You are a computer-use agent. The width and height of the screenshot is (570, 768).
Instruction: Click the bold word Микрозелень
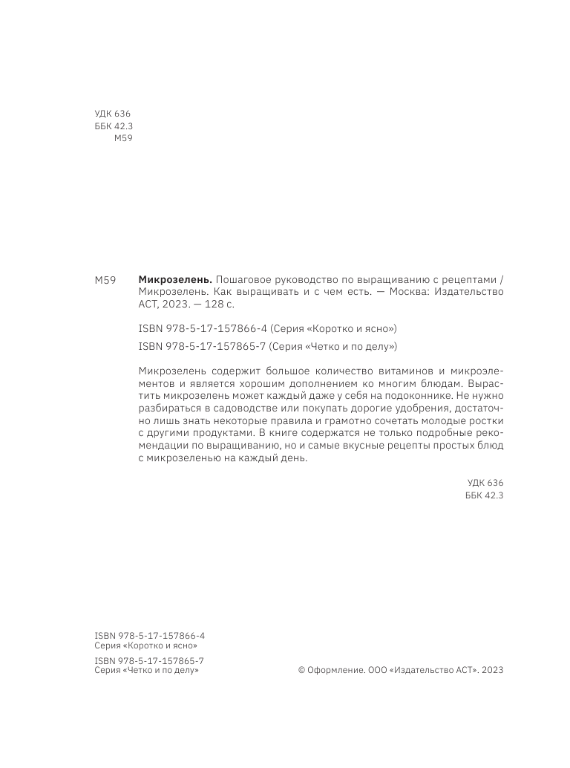(x=175, y=279)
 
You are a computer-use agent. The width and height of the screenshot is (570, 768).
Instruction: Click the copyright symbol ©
(x=301, y=669)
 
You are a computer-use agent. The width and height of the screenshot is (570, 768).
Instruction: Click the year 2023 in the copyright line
(x=492, y=669)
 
